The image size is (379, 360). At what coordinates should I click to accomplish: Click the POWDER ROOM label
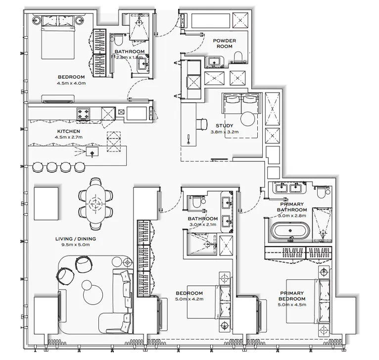225,44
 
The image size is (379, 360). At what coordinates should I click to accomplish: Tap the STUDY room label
224,126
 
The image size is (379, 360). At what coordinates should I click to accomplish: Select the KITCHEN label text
65,131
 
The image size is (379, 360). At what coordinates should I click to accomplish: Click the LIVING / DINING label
76,239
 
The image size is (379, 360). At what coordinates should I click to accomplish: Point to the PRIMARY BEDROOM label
292,296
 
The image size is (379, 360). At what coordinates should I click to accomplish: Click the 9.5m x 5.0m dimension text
76,245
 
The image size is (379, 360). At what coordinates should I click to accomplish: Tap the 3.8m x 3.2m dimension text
224,132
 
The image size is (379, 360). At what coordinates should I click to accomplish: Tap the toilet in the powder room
238,57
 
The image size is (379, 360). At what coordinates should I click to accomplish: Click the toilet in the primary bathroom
324,190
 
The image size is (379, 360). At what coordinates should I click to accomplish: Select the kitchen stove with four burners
84,114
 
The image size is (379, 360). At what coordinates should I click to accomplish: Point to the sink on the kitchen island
92,152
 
